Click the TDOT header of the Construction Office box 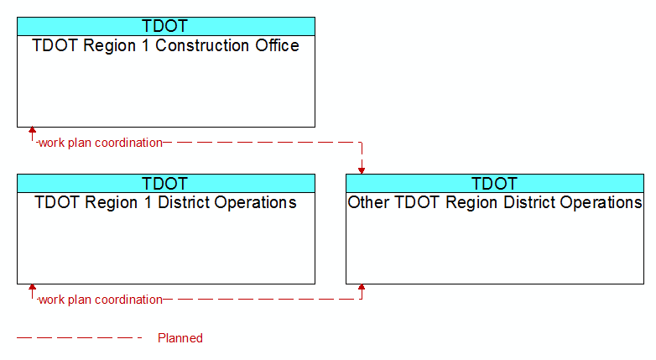pos(164,26)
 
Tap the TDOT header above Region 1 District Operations pos(164,184)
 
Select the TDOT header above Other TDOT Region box pos(494,184)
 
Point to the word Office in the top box pos(278,45)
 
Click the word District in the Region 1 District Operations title pos(183,202)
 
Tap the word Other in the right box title pos(368,202)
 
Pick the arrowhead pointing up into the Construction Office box pos(32,130)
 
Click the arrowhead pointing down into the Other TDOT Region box pos(362,171)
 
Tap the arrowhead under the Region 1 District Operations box pos(32,287)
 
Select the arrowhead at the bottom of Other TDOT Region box pos(362,287)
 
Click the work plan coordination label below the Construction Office pos(101,143)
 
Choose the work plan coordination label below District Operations pos(101,300)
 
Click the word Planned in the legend pos(180,338)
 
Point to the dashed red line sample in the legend pos(80,338)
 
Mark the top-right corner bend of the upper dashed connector pos(362,143)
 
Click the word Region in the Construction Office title pos(110,46)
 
